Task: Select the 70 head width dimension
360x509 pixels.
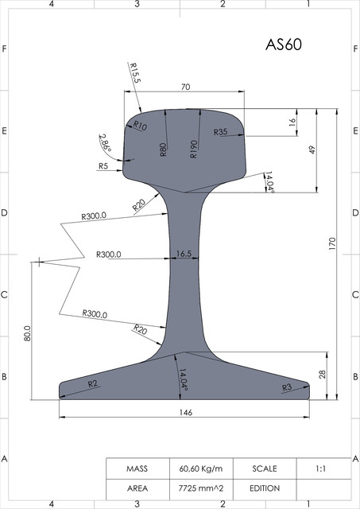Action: tap(185, 87)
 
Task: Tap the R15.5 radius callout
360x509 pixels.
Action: tap(134, 74)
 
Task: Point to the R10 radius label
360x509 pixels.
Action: tap(140, 125)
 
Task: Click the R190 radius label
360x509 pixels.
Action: tap(193, 150)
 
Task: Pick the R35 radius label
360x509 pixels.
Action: tap(221, 132)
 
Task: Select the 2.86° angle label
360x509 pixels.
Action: tap(105, 143)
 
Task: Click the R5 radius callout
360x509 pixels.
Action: tap(103, 166)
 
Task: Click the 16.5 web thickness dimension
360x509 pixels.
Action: tap(183, 254)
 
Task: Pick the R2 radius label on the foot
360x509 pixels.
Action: tap(92, 384)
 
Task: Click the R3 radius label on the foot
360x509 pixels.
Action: tap(287, 387)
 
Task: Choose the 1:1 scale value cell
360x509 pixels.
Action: tap(322, 468)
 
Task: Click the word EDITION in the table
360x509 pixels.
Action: tap(264, 487)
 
